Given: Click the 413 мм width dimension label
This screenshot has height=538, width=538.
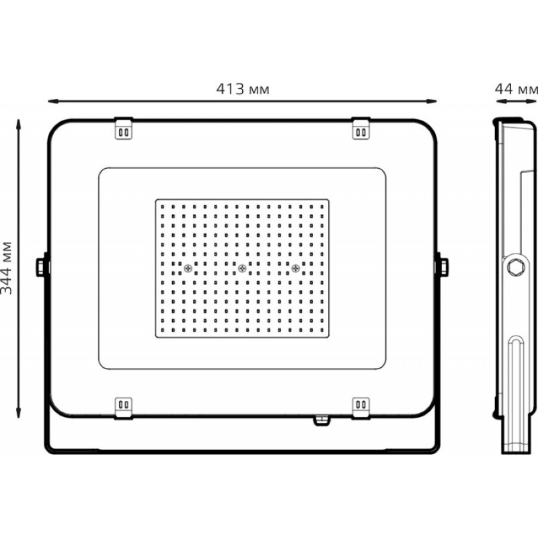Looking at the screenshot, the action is click(243, 89).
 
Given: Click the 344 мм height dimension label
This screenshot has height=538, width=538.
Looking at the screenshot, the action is click(7, 268).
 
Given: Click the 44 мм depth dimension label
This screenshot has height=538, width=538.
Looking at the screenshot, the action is click(516, 89).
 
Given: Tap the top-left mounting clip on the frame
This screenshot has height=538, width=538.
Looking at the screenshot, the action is click(123, 128).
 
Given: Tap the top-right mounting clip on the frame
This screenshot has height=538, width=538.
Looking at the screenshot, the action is click(361, 128).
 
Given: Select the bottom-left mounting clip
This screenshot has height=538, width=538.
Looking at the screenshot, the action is click(123, 408).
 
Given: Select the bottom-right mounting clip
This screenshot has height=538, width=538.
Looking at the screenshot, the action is click(361, 408).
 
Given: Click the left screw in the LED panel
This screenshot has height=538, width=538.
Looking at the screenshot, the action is click(188, 268).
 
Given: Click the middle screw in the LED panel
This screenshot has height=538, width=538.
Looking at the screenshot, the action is click(242, 268).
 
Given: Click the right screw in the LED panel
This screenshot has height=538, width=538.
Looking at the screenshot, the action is click(295, 268).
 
